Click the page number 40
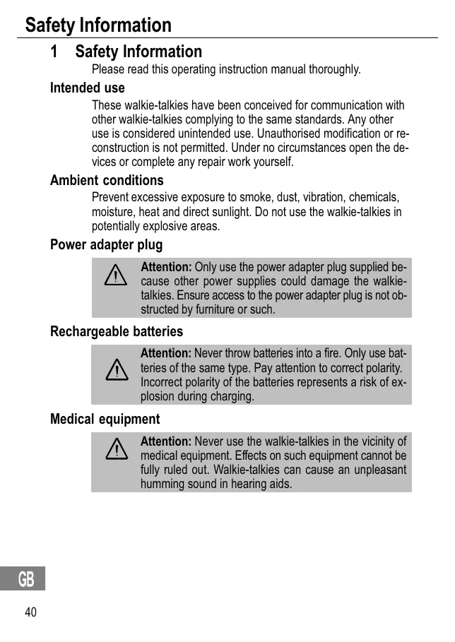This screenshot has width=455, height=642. click(x=30, y=612)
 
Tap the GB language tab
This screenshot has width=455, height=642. click(x=26, y=580)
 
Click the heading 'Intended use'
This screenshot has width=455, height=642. click(x=87, y=88)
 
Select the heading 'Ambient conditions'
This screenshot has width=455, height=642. click(x=107, y=180)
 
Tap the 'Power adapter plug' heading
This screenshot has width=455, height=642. click(x=106, y=245)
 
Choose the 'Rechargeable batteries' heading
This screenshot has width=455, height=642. click(x=116, y=331)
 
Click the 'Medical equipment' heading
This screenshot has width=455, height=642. click(x=105, y=420)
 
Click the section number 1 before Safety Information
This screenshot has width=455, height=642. click(x=54, y=52)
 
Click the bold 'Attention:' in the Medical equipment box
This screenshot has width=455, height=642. click(x=166, y=441)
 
